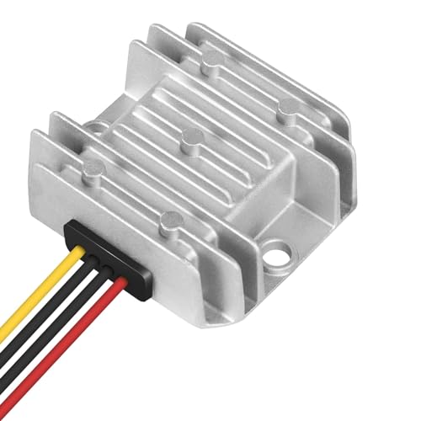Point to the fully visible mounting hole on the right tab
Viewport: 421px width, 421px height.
(x=274, y=251)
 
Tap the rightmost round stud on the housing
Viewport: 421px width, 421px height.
(x=289, y=107)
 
